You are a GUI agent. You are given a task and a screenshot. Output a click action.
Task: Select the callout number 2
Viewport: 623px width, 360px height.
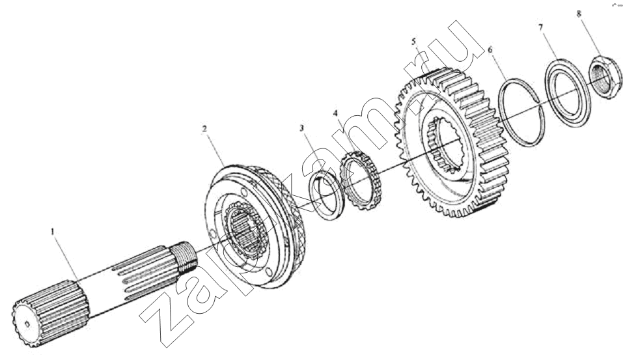pos(204,129)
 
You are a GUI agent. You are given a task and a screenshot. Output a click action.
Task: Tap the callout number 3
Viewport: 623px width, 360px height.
pos(302,128)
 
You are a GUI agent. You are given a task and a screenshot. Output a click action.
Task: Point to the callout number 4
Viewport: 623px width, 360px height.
pos(336,113)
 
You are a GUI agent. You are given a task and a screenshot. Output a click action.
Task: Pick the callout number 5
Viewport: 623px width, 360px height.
pos(413,41)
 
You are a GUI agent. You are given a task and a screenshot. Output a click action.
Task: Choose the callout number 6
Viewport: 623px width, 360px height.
pos(490,49)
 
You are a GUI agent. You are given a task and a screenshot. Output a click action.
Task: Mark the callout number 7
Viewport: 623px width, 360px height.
pos(541,27)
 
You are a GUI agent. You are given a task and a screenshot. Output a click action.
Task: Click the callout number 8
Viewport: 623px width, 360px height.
pos(579,14)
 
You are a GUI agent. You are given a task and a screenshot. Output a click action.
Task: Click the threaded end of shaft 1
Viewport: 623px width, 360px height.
pos(184,256)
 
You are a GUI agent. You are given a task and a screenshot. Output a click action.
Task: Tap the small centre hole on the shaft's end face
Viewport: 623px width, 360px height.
pos(27,324)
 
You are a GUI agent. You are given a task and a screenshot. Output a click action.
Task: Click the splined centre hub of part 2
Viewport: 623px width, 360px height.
pos(243,230)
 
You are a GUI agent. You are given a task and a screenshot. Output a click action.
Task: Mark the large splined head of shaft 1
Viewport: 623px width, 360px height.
pos(49,314)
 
